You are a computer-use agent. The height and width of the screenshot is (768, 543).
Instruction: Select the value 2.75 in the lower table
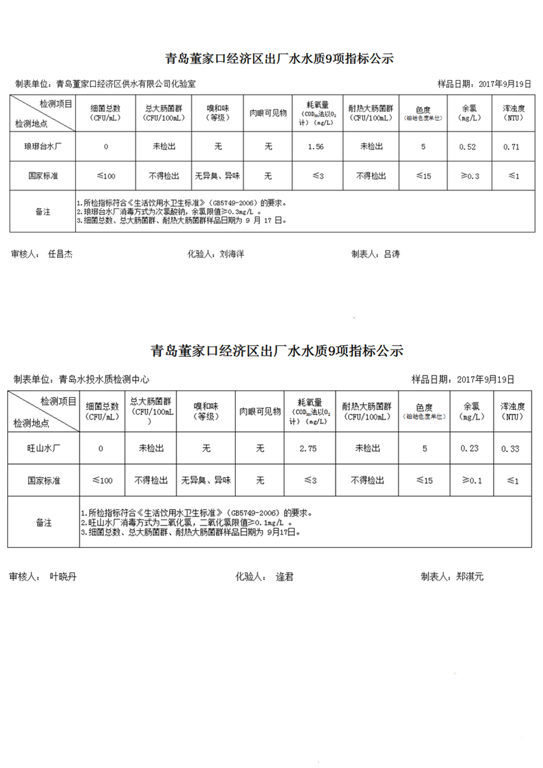(x=308, y=449)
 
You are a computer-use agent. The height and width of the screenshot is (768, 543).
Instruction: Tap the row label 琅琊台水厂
(x=41, y=147)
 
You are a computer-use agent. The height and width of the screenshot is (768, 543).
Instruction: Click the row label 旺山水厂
(x=43, y=449)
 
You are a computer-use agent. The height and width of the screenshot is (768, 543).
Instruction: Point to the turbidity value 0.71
(x=512, y=147)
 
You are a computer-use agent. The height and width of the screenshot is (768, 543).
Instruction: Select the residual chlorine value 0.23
(x=469, y=449)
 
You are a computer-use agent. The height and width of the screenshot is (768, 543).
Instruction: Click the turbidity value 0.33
(x=510, y=449)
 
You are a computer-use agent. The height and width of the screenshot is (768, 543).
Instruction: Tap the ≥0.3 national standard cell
(x=469, y=176)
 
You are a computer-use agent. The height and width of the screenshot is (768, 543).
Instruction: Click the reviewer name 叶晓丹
(x=63, y=577)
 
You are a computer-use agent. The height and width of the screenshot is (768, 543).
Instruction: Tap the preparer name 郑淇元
(x=470, y=577)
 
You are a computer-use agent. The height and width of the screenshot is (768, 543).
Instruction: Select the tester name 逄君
(x=284, y=577)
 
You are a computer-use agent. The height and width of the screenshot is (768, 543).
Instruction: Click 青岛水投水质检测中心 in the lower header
(x=104, y=380)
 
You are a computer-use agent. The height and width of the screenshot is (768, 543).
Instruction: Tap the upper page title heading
(x=279, y=59)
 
